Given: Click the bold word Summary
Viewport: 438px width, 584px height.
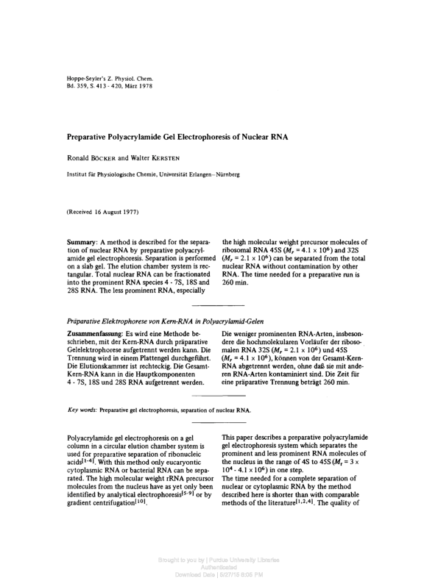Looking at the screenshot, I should coord(82,243).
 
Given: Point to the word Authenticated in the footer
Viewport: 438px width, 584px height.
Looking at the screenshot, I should coord(219,567).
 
